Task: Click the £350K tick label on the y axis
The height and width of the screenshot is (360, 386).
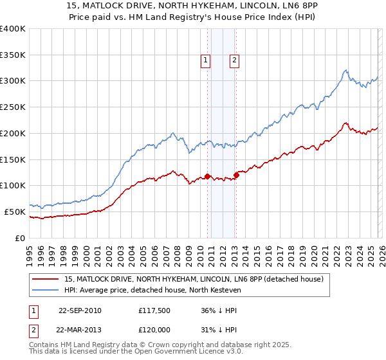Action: pyautogui.click(x=13, y=55)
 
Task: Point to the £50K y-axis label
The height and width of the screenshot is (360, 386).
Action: pyautogui.click(x=15, y=212)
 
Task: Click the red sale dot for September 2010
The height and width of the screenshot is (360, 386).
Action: pyautogui.click(x=207, y=176)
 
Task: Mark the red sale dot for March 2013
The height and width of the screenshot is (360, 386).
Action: pyautogui.click(x=236, y=175)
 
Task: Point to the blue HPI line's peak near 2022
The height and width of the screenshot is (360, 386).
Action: pyautogui.click(x=345, y=70)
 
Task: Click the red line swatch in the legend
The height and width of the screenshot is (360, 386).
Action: pyautogui.click(x=47, y=279)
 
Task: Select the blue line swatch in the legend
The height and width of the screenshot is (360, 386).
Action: pyautogui.click(x=47, y=290)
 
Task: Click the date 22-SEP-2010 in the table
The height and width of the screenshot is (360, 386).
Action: pyautogui.click(x=80, y=310)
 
